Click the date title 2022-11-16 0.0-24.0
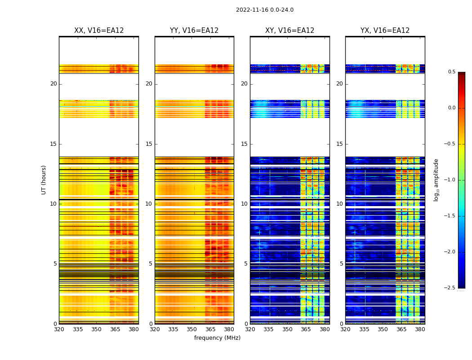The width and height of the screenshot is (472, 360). pos(264,10)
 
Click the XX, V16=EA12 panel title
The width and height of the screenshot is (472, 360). pos(99,31)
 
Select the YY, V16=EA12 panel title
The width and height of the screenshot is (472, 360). pos(194,31)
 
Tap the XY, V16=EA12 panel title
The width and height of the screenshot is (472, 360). pos(289,31)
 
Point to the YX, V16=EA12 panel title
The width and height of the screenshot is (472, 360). pos(385,31)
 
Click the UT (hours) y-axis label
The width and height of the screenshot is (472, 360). pos(44,180)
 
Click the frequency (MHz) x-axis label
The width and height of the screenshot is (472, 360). pos(217,338)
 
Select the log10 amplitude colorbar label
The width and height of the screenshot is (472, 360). pos(436,180)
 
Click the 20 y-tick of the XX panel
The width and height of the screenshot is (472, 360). pos(53,84)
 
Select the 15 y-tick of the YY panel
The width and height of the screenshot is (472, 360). pos(149,144)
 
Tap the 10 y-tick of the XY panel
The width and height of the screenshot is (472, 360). pos(244,204)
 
